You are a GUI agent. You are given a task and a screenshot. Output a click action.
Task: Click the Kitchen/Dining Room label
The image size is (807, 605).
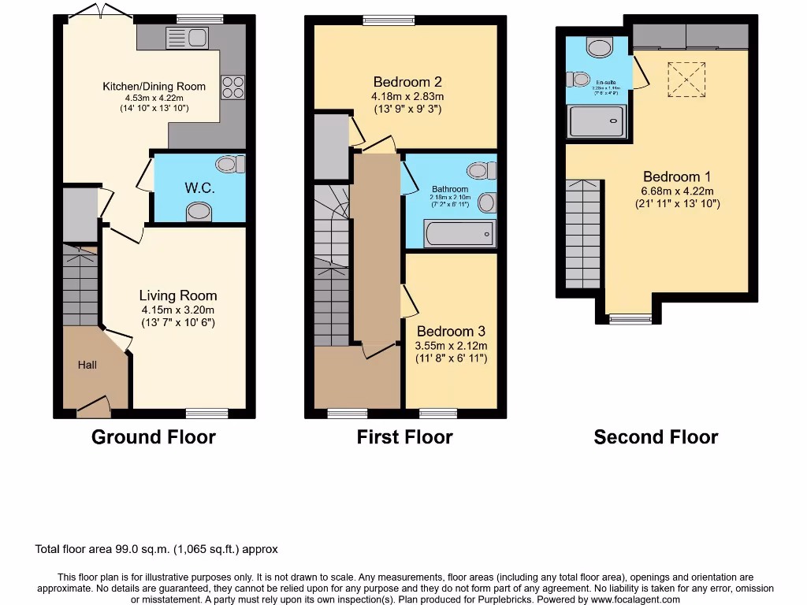[x=154, y=87]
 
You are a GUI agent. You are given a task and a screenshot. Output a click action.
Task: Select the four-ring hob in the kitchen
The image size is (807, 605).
[x=233, y=87]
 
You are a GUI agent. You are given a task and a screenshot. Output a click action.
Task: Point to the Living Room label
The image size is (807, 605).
[x=177, y=295]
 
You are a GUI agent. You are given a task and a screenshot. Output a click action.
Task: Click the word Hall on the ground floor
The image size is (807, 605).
[x=87, y=365]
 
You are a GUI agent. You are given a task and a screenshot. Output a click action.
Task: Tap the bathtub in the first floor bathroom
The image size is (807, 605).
[x=459, y=233]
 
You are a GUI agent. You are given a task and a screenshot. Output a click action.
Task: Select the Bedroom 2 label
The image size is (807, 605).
[x=407, y=82]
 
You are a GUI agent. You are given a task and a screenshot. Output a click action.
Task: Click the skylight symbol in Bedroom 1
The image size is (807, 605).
[x=686, y=80]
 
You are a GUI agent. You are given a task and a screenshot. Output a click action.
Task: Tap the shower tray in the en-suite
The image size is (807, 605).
[x=597, y=122]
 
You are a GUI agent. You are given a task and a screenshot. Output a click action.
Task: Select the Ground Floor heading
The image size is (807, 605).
[x=154, y=437]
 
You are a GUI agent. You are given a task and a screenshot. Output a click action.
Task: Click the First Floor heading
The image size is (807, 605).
[x=405, y=437]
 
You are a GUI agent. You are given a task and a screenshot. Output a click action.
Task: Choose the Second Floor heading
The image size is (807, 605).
[x=656, y=437]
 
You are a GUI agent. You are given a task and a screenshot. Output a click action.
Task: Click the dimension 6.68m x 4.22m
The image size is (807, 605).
[x=678, y=191]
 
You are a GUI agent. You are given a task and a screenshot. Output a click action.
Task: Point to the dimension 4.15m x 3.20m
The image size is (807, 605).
[x=177, y=310]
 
